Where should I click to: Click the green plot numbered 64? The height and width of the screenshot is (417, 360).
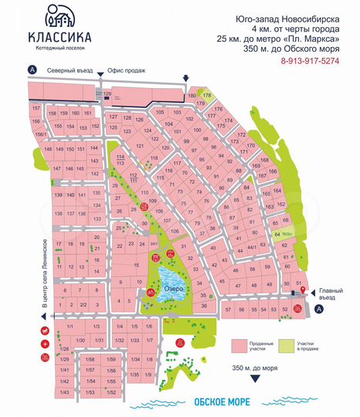coord(278,234)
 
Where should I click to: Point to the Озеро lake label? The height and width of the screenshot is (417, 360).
coord(172,289)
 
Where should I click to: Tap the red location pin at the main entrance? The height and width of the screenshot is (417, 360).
coord(303,290)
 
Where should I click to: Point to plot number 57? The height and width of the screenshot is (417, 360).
coord(229,310)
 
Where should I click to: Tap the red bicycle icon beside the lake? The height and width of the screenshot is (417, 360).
coord(151,292)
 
